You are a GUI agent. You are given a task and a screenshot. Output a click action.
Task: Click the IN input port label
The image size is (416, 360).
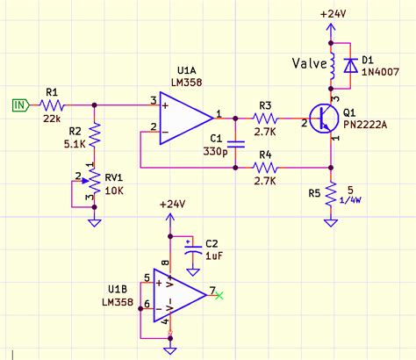coord(18,104)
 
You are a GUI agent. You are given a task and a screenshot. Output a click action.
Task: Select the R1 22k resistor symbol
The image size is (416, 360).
coord(52,104)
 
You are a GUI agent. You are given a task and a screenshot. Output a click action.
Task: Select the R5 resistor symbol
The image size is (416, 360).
coord(332,194)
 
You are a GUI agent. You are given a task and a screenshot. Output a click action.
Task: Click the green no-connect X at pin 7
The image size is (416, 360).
coord(220,293)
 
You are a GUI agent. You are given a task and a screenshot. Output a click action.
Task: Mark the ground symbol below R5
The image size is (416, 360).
coord(332,223)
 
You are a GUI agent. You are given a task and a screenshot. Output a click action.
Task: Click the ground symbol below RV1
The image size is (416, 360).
coord(95,222)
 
